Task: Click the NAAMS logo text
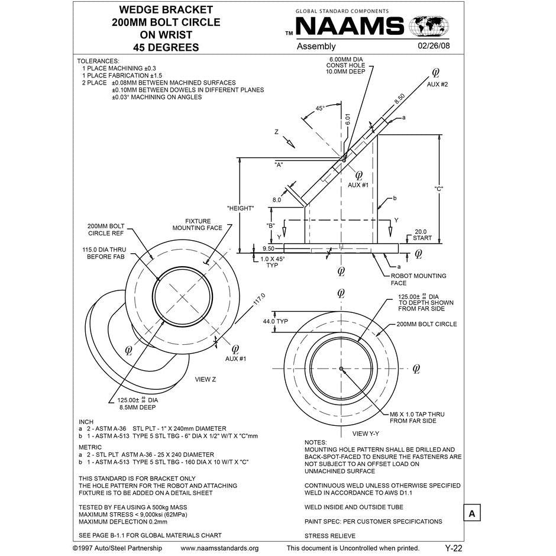coord(349,27)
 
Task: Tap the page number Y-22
coord(454,548)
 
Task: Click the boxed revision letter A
coord(471,513)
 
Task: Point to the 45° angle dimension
coord(320,108)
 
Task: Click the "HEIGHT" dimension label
coord(240,208)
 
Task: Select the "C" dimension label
coord(439,189)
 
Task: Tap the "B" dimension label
coord(271,225)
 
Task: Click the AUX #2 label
coord(438,85)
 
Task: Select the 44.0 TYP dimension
coord(275,321)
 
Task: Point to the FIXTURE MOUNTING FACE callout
coord(198,224)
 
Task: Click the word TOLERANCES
coord(98,61)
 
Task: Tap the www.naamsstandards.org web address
coord(219,548)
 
